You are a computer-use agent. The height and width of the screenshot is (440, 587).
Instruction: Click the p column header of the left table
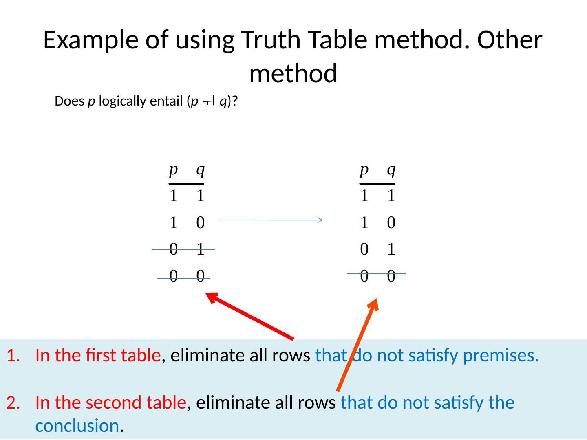click(x=173, y=169)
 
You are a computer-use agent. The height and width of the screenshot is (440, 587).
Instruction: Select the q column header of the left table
click(x=200, y=169)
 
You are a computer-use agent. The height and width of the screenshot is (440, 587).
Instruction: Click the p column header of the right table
click(x=364, y=169)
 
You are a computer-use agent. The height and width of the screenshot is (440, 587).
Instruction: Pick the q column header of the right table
click(x=391, y=169)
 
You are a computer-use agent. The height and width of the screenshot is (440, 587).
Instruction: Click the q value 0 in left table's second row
click(x=200, y=222)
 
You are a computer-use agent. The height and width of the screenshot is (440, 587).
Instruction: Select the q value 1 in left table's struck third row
click(x=200, y=249)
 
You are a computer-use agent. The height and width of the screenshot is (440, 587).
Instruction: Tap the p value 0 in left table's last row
click(x=173, y=276)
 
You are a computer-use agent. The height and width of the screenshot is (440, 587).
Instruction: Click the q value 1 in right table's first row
click(x=391, y=196)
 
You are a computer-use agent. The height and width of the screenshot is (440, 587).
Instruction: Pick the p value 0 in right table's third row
click(x=364, y=249)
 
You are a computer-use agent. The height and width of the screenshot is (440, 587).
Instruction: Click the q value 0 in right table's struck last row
click(x=391, y=276)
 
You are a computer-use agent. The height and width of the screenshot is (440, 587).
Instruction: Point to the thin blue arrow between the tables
click(x=271, y=220)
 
